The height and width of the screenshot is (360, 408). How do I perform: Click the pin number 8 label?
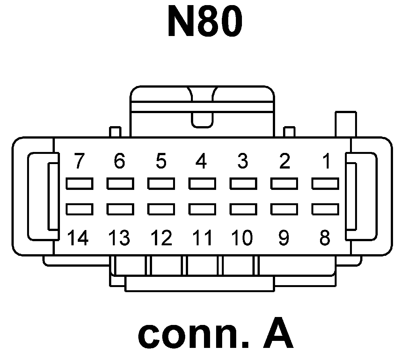(x=325, y=238)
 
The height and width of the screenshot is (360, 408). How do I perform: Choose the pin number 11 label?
(x=202, y=238)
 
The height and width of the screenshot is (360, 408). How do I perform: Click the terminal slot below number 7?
(x=79, y=184)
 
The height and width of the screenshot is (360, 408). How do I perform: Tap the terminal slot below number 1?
(x=325, y=184)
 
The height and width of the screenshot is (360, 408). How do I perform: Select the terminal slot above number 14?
(x=79, y=209)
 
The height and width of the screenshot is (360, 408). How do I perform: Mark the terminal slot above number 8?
(x=325, y=209)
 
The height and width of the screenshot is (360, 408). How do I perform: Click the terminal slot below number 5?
(x=161, y=184)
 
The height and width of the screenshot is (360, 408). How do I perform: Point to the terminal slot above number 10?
(x=243, y=209)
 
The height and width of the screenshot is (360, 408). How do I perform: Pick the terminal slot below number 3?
(x=243, y=184)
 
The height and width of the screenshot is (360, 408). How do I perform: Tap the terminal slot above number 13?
(x=120, y=209)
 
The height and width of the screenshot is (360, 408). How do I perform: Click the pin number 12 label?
(x=161, y=238)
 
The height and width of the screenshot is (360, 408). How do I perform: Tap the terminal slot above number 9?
(x=284, y=209)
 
